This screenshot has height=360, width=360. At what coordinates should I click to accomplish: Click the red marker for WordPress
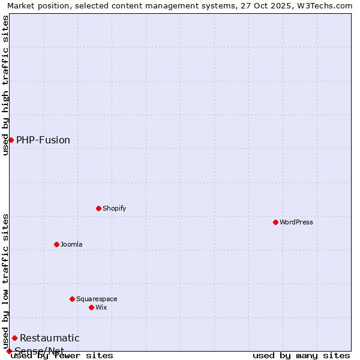(x=275, y=222)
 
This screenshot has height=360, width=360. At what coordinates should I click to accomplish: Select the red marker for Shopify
(x=98, y=208)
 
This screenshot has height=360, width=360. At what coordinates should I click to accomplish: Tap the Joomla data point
(x=56, y=244)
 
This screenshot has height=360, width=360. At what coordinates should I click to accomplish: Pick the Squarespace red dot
(x=72, y=299)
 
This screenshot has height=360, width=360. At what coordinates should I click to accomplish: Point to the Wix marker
(x=91, y=307)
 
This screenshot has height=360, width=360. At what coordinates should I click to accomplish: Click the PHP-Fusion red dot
(x=11, y=140)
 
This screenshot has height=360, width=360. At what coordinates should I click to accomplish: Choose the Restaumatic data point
(x=14, y=338)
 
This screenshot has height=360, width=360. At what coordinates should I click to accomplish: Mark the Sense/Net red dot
(x=9, y=351)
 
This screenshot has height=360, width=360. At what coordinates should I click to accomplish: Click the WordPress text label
(x=296, y=222)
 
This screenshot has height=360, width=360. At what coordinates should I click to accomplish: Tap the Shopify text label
(x=114, y=208)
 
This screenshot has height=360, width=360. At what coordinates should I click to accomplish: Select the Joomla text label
(x=71, y=244)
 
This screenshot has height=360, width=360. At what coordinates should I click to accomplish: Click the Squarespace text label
(x=97, y=299)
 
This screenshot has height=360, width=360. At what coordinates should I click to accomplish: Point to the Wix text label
(x=101, y=307)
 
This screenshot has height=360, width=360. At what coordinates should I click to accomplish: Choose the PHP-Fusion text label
(x=43, y=140)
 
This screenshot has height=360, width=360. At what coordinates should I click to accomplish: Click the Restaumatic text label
(x=50, y=338)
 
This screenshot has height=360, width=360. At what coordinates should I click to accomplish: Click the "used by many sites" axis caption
(x=301, y=355)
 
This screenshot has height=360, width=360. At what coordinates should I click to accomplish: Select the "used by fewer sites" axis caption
(x=62, y=355)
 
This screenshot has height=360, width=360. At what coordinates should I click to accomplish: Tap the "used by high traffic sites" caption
(x=5, y=85)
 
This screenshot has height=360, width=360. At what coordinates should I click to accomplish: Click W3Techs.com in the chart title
(x=326, y=5)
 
